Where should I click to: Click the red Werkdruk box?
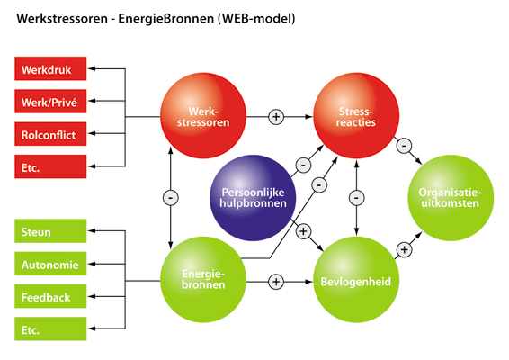(50, 68)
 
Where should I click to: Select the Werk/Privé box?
(50, 102)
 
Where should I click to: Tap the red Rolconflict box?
(50, 135)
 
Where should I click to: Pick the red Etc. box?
(50, 167)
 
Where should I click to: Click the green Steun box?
(50, 232)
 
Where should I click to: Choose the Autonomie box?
(50, 265)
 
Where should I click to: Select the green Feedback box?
(50, 297)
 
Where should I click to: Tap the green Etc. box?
(50, 330)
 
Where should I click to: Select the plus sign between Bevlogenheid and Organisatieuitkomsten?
(403, 249)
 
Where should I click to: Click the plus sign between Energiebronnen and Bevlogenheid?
(276, 282)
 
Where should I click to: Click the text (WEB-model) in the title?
(251, 17)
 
